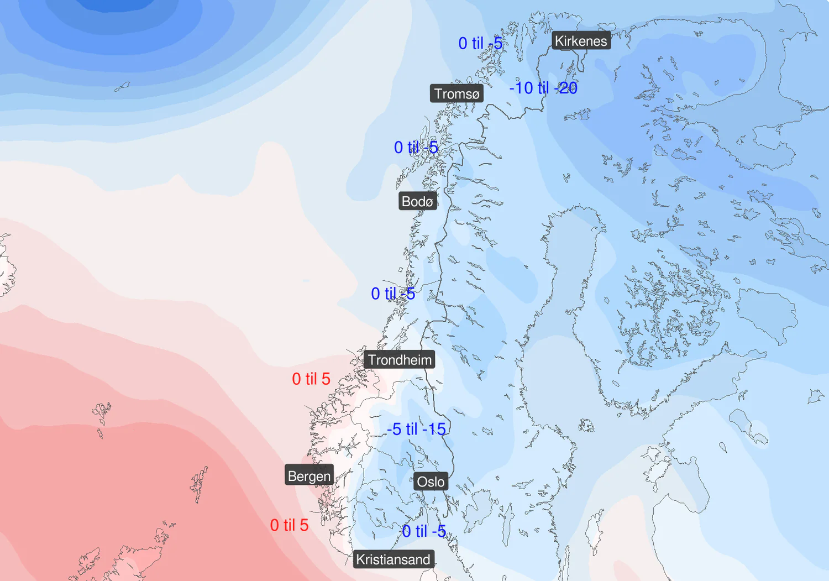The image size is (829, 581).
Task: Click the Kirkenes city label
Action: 580,41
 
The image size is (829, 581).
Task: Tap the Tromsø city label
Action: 457,94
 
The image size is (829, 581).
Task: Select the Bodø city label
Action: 417,201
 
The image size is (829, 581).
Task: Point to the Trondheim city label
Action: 400,360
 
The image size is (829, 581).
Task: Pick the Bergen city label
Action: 309,476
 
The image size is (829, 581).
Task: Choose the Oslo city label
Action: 431,482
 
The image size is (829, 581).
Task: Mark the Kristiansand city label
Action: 393,559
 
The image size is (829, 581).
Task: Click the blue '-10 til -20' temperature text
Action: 543,88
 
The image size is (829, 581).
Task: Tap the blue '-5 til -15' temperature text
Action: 416,429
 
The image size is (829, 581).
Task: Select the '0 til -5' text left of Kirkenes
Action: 480,43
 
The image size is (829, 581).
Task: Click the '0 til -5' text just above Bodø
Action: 416,148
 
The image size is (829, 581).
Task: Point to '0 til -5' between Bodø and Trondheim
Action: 393,294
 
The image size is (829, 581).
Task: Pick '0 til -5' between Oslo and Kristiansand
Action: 424,531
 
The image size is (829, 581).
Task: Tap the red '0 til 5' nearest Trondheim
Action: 311,379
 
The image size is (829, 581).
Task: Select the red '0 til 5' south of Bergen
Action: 289,525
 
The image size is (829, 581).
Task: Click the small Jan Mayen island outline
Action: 122,87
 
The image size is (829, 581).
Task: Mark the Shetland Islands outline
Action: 200,484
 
